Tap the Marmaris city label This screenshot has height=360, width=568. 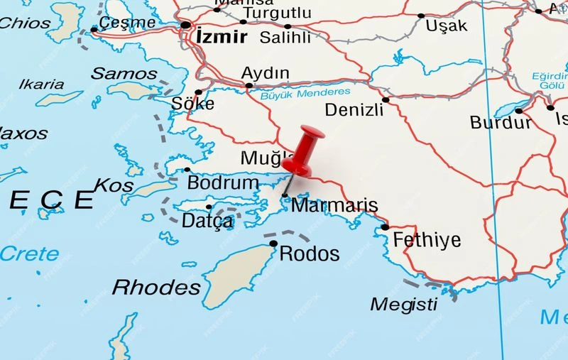click(x=334, y=206)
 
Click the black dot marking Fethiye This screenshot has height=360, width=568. click(x=385, y=227)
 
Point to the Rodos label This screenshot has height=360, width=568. click(x=310, y=253)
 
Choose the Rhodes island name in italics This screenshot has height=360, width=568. click(x=157, y=287)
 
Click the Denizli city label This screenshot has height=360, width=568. click(x=352, y=109)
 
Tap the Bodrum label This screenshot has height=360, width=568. click(x=223, y=182)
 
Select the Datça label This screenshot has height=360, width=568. click(x=207, y=221)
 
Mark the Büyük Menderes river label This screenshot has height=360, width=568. click(x=305, y=93)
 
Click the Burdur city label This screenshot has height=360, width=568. click(x=501, y=122)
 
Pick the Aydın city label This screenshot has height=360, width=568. click(x=266, y=73)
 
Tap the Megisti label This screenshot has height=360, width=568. click(x=404, y=304)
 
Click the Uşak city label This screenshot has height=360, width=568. click(x=447, y=26)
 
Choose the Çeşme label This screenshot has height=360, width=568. click(x=127, y=22)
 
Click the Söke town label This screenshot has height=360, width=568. click(x=192, y=104)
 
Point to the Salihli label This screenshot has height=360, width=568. click(x=285, y=37)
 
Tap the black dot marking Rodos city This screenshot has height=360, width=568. click(x=273, y=244)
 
